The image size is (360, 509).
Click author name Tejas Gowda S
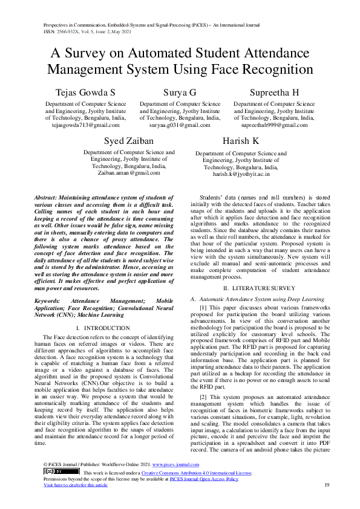click(x=85, y=92)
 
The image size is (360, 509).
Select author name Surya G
click(x=180, y=92)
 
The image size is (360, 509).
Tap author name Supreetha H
click(x=275, y=92)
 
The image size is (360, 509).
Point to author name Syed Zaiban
click(x=128, y=141)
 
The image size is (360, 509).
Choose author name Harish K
click(x=241, y=141)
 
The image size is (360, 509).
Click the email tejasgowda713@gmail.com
click(x=85, y=125)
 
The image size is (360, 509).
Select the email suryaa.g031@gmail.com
click(x=180, y=125)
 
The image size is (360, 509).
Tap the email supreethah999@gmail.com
click(x=275, y=125)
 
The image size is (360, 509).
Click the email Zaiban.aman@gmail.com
click(x=128, y=173)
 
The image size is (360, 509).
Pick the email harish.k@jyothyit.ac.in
click(x=241, y=173)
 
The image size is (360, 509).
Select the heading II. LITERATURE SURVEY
click(x=259, y=289)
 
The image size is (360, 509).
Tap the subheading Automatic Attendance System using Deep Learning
click(x=261, y=299)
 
